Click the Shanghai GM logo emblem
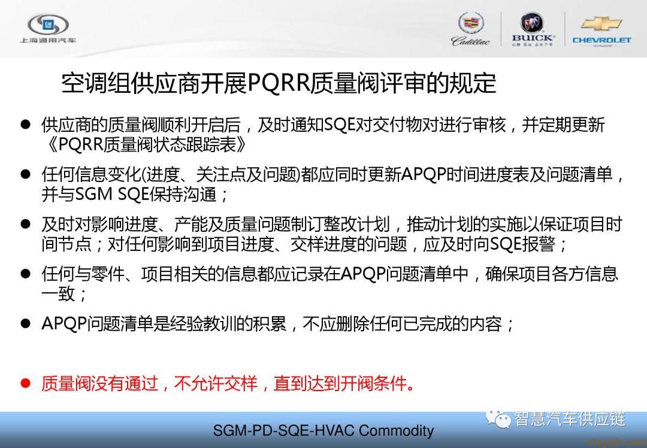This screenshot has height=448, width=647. tap(48, 25)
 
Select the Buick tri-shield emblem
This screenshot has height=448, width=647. tap(532, 22)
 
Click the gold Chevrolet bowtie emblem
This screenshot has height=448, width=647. tap(601, 24)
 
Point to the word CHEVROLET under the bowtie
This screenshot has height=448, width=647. tap(601, 40)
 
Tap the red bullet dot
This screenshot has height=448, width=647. tap(26, 383)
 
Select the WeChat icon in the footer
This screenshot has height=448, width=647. tap(498, 419)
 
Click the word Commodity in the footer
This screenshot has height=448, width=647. tap(396, 431)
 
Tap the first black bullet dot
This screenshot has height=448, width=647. tap(26, 124)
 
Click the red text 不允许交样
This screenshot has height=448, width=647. tap(216, 383)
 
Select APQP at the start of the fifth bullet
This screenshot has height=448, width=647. tap(64, 323)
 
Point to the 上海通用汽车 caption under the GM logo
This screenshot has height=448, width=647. tap(48, 40)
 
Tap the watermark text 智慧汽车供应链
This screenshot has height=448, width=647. tap(570, 419)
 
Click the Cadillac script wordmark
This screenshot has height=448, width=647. tap(471, 41)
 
